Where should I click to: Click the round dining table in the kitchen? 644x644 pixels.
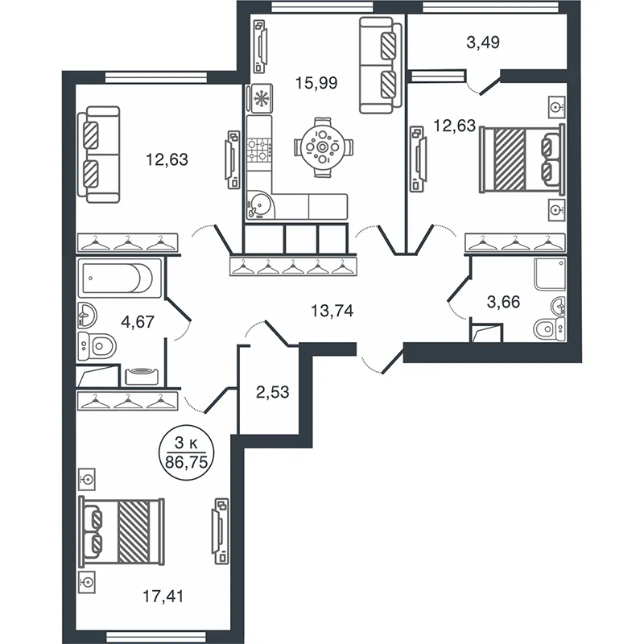click(x=323, y=147)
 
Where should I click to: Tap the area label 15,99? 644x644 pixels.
click(x=316, y=83)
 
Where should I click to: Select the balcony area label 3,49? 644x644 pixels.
click(x=484, y=43)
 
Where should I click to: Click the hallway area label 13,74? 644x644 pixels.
click(x=332, y=311)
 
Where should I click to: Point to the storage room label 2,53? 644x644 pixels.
click(x=273, y=392)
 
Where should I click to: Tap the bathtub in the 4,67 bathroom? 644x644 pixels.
click(x=119, y=278)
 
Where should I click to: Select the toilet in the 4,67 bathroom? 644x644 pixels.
click(x=97, y=346)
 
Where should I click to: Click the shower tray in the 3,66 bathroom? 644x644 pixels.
click(x=550, y=274)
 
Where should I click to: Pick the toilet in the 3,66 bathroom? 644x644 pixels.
click(x=550, y=329)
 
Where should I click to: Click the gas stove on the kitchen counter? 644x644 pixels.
click(x=259, y=151)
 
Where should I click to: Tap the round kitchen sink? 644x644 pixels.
click(x=259, y=204)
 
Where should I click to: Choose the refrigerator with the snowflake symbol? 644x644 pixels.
click(x=259, y=98)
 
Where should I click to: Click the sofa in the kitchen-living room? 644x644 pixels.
click(x=380, y=65)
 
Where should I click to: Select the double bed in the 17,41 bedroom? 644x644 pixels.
click(x=122, y=531)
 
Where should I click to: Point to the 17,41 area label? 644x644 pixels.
click(x=163, y=596)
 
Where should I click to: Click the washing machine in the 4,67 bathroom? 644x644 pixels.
click(x=142, y=376)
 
